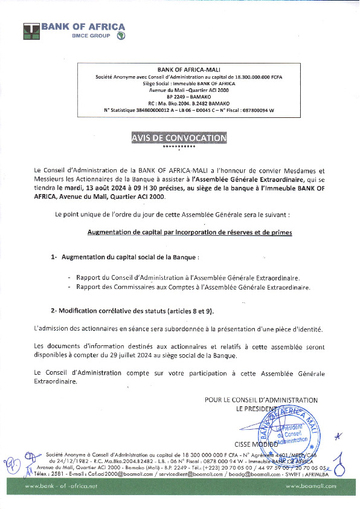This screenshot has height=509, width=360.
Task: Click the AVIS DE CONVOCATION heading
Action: tap(179, 138)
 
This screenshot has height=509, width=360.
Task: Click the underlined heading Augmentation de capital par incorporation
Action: tap(190, 232)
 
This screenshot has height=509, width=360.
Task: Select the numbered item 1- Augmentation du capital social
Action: tap(124, 258)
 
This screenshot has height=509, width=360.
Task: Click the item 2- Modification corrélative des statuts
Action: tap(132, 311)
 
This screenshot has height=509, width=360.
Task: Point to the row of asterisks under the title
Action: tap(179, 147)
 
